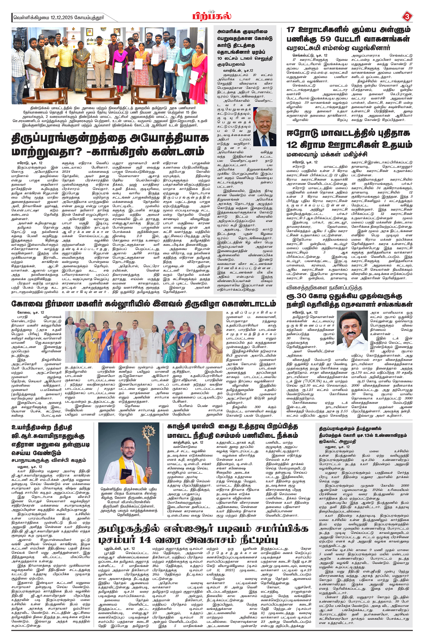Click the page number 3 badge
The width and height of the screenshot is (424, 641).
pos(407,17)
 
